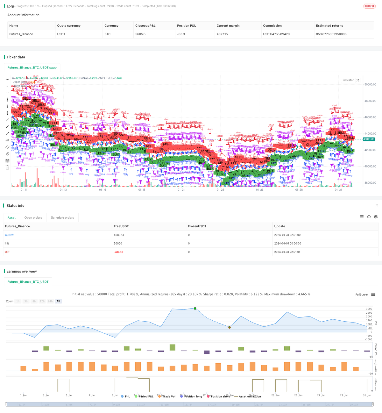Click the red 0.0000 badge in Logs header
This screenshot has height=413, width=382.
click(x=369, y=6)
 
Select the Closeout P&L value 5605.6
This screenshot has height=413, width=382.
click(x=140, y=34)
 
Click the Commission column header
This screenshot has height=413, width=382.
click(x=272, y=25)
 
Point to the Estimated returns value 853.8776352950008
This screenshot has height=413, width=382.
click(x=331, y=34)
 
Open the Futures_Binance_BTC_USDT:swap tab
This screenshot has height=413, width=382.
click(x=32, y=68)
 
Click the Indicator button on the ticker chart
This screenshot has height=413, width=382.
click(x=348, y=80)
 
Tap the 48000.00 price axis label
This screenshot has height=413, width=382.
click(x=370, y=101)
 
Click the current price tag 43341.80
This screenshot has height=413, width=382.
click(x=369, y=139)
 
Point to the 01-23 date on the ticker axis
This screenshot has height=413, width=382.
click(x=220, y=190)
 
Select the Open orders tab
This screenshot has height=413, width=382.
click(x=33, y=217)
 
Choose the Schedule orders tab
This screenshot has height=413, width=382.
click(x=62, y=217)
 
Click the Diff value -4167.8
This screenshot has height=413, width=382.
click(x=118, y=252)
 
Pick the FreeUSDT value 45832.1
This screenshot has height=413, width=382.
click(x=119, y=235)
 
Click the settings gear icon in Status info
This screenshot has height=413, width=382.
click(x=376, y=217)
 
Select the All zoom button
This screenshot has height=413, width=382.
click(x=58, y=301)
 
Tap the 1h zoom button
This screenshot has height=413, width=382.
click(x=18, y=301)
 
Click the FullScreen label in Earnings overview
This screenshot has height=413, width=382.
click(x=362, y=295)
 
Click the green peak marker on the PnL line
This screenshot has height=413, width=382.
click(x=195, y=308)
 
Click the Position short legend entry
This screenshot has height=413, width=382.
click(x=220, y=396)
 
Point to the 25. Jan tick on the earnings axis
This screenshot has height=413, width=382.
click(x=298, y=395)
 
